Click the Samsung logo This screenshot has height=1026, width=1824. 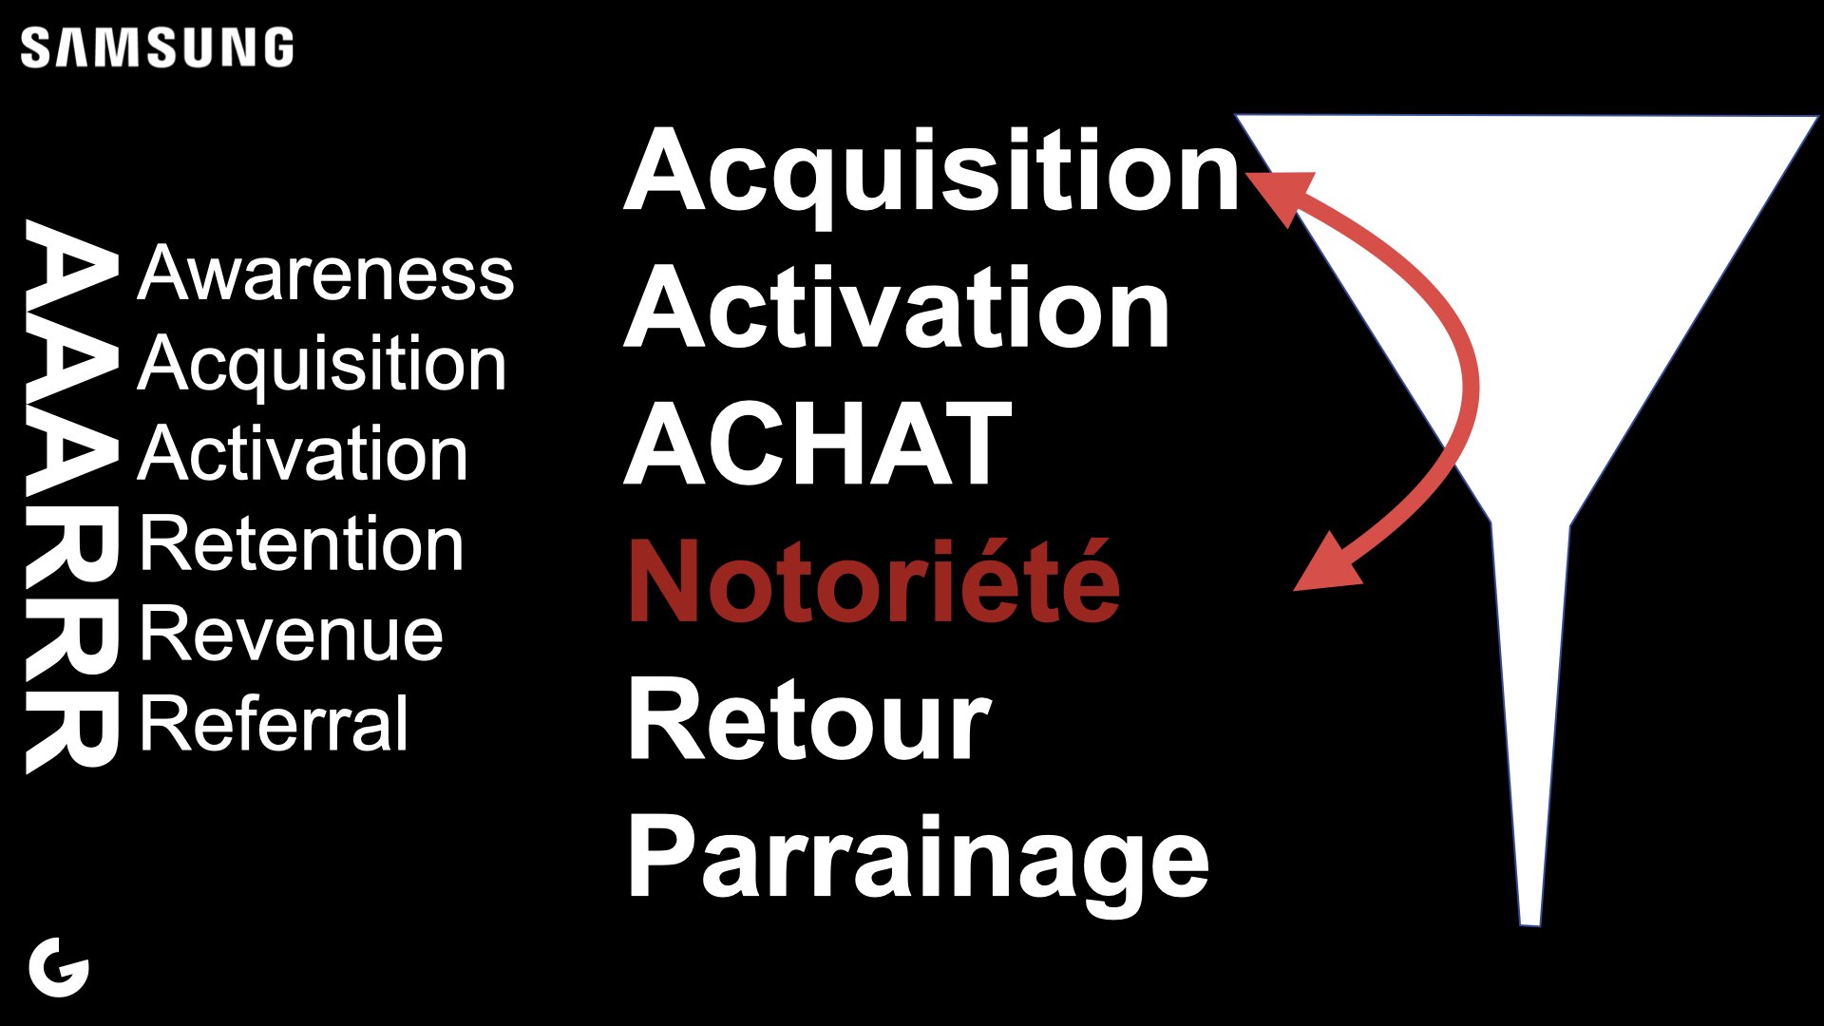tap(157, 47)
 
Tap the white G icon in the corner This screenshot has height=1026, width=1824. tap(59, 967)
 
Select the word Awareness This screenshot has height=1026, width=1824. tap(326, 273)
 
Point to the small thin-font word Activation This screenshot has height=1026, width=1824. tap(303, 453)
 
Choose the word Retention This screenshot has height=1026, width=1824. tap(302, 543)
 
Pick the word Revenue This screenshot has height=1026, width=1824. tap(292, 634)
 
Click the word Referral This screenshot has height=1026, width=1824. tap(275, 723)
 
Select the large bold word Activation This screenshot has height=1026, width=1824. tap(897, 307)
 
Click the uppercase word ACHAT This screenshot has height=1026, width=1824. tap(818, 444)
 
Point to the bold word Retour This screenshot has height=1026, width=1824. tap(809, 719)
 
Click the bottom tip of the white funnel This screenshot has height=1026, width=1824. tap(1529, 924)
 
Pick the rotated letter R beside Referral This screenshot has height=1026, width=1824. tap(72, 728)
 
